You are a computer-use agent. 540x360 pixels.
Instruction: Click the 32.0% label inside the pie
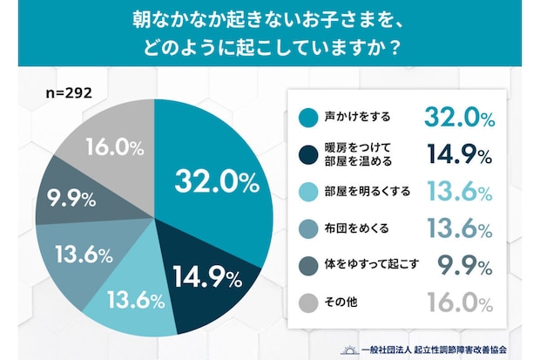click(217, 182)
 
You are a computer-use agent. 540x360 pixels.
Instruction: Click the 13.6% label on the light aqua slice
click(135, 302)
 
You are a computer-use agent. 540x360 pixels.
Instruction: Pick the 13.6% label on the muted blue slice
click(84, 255)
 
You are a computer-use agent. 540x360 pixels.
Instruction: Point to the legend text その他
click(337, 302)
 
